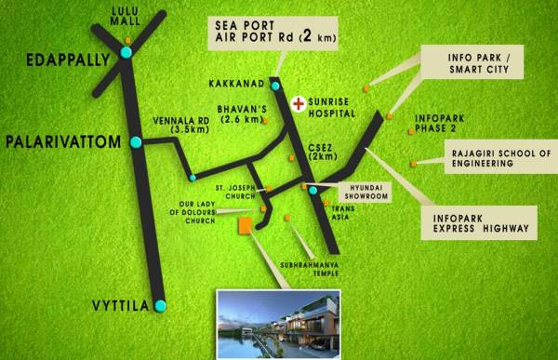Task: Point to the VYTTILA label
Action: (x=117, y=304)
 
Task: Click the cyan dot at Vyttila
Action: (x=161, y=305)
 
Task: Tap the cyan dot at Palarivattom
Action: (x=136, y=142)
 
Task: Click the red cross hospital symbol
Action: (x=298, y=102)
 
